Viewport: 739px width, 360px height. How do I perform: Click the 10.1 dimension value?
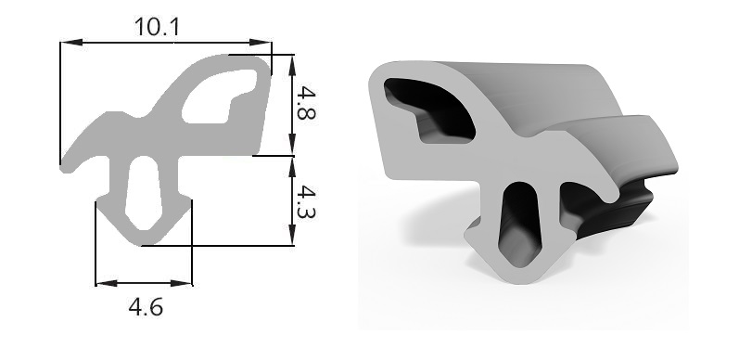coord(157,26)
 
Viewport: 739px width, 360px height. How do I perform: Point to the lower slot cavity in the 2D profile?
coord(144,194)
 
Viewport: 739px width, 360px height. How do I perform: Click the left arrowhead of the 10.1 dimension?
coord(67,42)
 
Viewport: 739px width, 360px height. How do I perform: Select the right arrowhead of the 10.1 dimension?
coord(265,42)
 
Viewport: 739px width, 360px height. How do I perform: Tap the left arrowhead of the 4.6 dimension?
coord(102,283)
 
